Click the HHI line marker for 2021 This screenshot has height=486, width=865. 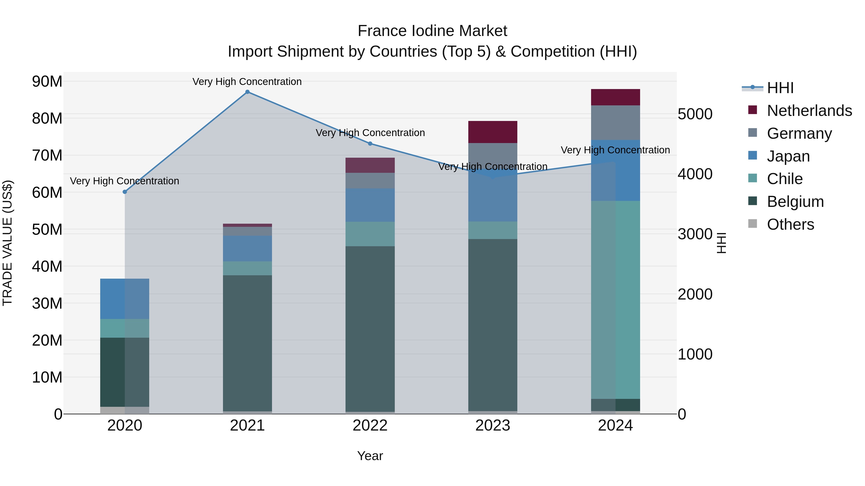pos(247,92)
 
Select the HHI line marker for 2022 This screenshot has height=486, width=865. pos(370,144)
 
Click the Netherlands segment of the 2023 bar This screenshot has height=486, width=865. pos(493,132)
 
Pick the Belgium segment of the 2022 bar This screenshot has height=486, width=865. pos(370,329)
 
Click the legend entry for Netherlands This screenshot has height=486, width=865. pos(809,111)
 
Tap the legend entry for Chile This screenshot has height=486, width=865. pos(785,179)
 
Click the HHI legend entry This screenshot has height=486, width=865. pos(780,88)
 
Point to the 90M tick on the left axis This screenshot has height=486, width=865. pos(47,82)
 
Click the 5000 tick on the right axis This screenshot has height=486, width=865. pos(695,114)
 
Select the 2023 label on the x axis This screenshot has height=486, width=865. pos(493,426)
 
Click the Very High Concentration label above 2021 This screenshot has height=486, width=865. pos(247,82)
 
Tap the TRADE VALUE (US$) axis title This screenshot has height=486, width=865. pos(7,243)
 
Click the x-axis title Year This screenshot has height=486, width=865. pos(370,456)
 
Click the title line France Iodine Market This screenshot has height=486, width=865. pos(432,31)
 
